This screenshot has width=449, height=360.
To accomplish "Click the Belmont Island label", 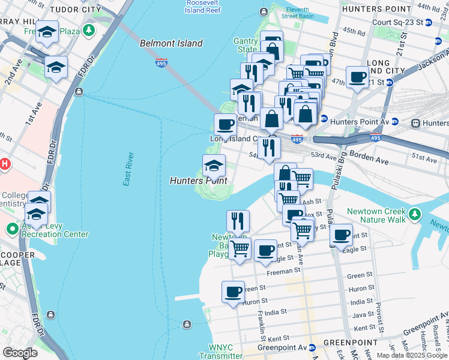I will pos(171,43).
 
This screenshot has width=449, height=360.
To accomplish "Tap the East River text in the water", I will pos(128,169).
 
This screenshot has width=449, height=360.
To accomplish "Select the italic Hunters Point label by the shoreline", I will pos(198,181).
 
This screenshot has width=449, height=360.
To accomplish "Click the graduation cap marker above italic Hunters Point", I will pos(214,165).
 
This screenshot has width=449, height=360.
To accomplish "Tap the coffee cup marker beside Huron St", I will pos(233,292).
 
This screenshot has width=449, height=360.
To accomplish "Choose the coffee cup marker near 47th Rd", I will pos(357,77).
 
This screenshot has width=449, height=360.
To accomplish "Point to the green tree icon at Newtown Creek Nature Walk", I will pos(414,213).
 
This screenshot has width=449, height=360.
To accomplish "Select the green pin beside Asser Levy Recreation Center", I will pos(12,229).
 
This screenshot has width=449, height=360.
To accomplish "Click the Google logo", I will pos(20,353).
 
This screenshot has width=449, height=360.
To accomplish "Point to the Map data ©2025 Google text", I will pos(412,355).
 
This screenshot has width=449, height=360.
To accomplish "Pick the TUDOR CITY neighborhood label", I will pos(76,10).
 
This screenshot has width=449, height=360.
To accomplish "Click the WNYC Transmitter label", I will pos(216,352).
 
